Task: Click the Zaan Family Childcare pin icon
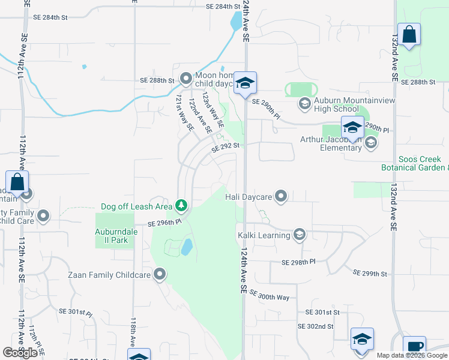160,274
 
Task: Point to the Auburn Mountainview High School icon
304,104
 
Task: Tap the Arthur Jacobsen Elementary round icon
371,142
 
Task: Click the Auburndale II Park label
111,236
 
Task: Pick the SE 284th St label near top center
223,7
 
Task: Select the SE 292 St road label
225,146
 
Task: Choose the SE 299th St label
370,273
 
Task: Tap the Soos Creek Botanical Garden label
414,163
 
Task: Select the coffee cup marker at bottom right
414,346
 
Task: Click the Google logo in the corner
20,353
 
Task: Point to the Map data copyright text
412,355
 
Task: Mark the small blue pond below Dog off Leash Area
187,246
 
